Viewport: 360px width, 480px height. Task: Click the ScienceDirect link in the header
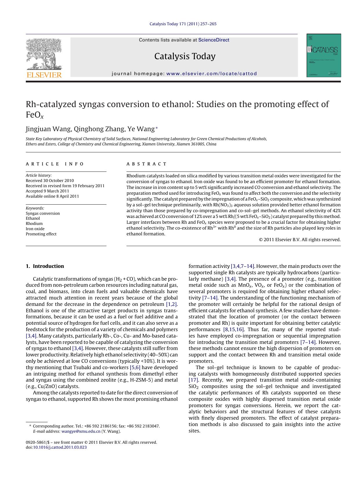214,40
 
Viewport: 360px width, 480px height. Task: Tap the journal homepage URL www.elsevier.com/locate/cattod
212,74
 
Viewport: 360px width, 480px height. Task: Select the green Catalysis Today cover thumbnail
323,55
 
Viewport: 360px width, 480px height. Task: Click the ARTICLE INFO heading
55,164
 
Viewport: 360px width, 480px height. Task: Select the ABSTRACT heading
146,164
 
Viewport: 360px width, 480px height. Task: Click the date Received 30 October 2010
50,181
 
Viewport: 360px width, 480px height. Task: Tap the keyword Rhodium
34,223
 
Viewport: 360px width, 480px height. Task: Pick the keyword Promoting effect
41,234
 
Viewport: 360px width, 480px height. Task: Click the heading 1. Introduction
45,266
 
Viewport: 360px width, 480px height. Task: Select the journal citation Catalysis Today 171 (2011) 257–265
183,24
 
